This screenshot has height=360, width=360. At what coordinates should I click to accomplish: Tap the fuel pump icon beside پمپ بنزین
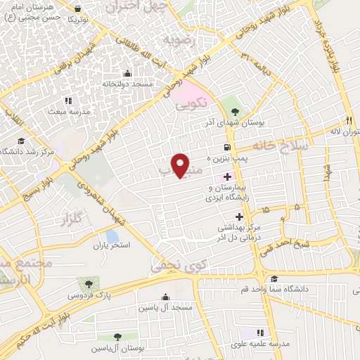(x=226, y=148)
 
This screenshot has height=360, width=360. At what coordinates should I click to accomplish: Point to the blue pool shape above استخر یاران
(x=112, y=236)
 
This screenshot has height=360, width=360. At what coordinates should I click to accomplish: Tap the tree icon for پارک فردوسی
(x=89, y=283)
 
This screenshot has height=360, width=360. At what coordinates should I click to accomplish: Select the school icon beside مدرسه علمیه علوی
(x=259, y=333)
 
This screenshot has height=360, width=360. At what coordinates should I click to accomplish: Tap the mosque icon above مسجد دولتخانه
(x=127, y=73)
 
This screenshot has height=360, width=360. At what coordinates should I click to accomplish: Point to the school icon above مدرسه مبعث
(x=68, y=101)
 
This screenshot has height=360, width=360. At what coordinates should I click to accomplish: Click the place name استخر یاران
(x=111, y=247)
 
